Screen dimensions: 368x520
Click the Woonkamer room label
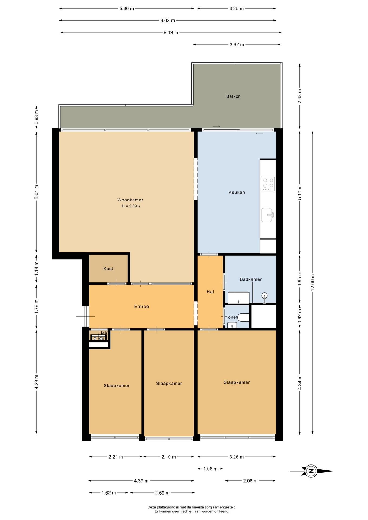(x=130, y=200)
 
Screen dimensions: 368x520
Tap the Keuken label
(x=237, y=192)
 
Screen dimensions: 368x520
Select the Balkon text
(x=233, y=96)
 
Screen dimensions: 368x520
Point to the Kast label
(x=108, y=269)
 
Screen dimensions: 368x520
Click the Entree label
(x=141, y=307)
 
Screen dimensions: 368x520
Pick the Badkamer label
(x=251, y=279)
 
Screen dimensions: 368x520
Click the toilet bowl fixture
(x=243, y=317)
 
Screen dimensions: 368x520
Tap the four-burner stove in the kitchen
(x=268, y=184)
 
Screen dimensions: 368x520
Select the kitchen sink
(x=267, y=215)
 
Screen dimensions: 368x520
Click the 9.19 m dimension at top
(x=171, y=32)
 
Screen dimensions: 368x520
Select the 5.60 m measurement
(x=127, y=9)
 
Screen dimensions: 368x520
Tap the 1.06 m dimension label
(x=210, y=469)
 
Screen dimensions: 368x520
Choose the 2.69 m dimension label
(x=162, y=493)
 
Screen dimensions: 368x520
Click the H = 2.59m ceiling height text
(x=131, y=206)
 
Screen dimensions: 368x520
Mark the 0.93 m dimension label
(x=37, y=117)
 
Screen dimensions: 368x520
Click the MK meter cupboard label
(x=104, y=333)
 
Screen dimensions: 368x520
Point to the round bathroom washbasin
(x=264, y=296)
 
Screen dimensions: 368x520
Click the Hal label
(x=210, y=292)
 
